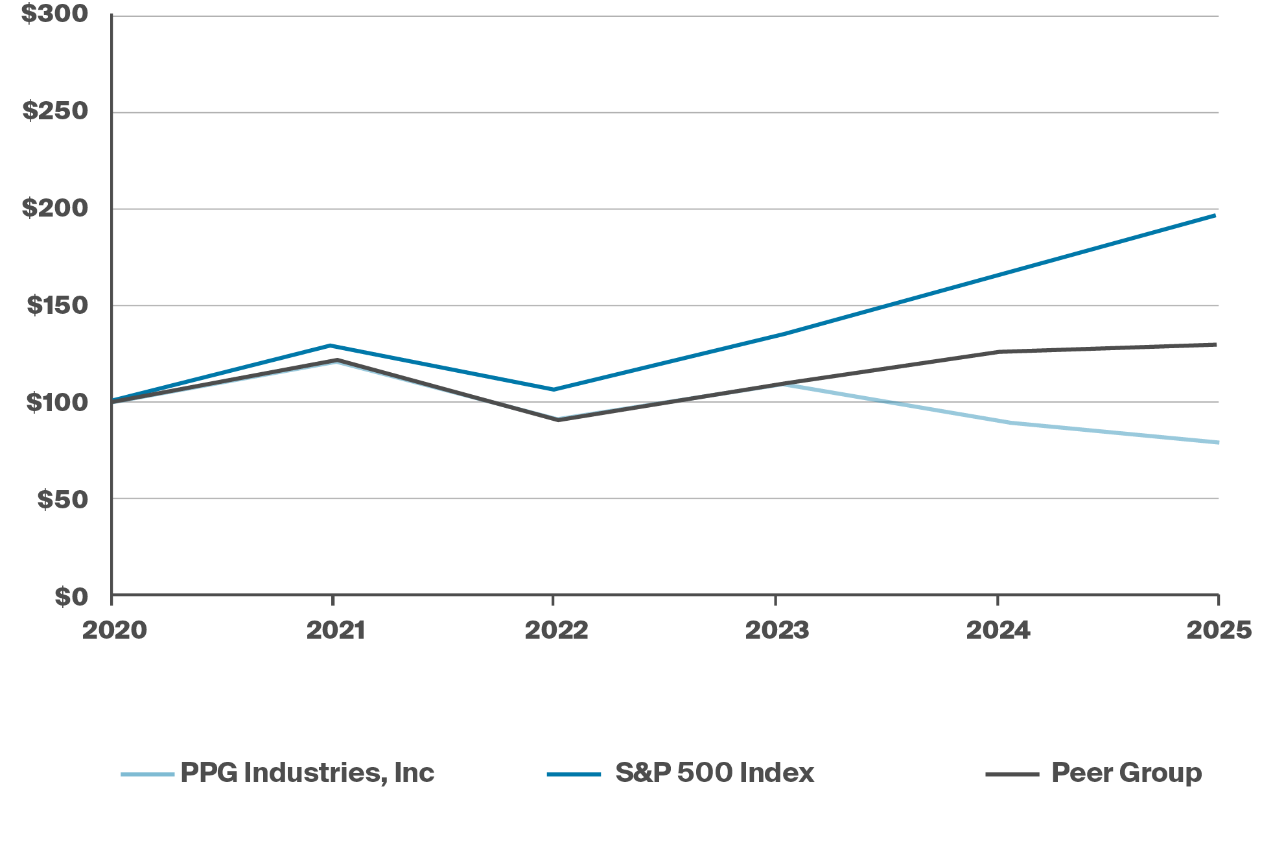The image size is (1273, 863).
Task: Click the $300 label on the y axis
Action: (x=55, y=14)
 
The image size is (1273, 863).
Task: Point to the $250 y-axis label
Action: (x=56, y=111)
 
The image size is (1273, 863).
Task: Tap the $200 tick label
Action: (x=55, y=208)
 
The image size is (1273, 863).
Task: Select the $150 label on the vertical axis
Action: (x=57, y=305)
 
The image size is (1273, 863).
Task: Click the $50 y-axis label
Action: (x=63, y=499)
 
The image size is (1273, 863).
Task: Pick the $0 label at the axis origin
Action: (x=71, y=597)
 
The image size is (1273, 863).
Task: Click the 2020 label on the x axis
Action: (x=115, y=630)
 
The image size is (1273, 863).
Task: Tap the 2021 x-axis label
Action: (x=335, y=630)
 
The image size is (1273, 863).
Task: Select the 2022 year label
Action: (x=556, y=630)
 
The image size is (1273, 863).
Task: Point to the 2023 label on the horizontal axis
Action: (x=777, y=630)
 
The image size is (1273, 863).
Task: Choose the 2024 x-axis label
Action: (x=998, y=630)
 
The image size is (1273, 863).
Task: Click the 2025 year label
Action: (x=1219, y=630)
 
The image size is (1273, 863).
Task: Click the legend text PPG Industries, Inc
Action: (x=307, y=773)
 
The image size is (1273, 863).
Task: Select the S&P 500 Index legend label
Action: (x=714, y=773)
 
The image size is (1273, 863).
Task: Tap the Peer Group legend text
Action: (x=1127, y=773)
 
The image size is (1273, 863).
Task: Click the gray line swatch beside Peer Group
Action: (x=1012, y=774)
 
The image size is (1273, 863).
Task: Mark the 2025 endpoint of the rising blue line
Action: (x=1215, y=215)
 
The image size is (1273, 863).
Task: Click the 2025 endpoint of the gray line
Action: (x=1216, y=344)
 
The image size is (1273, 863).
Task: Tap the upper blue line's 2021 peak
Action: (x=331, y=346)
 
